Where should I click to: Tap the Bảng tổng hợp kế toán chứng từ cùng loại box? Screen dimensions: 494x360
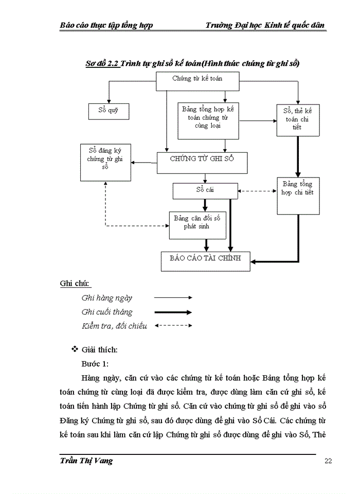[208, 120]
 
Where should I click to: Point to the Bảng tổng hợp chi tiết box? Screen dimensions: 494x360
[297, 196]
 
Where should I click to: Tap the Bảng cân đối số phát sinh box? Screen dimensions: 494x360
[198, 225]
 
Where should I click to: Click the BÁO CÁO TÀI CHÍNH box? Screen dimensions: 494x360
[205, 260]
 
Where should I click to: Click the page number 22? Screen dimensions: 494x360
[328, 461]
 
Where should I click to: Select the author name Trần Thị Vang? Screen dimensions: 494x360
[86, 461]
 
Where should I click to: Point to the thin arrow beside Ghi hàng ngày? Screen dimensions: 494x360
[173, 297]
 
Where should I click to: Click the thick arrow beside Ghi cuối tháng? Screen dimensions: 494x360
[173, 312]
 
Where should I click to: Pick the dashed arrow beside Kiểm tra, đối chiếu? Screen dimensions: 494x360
[173, 326]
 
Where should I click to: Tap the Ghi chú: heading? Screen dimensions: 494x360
[75, 284]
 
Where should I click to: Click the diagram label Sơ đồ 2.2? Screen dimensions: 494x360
[102, 63]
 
